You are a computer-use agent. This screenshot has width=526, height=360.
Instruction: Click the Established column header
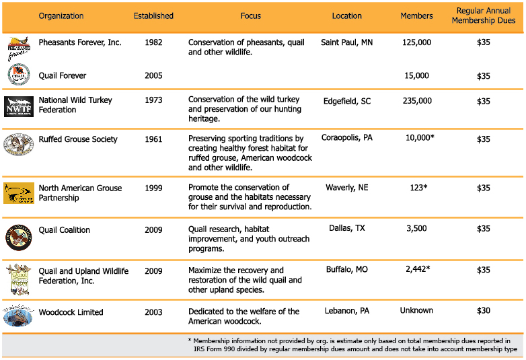pos(153,15)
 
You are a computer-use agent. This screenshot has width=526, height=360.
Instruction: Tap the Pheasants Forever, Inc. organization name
pos(79,42)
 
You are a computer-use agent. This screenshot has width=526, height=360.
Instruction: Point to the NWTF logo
pos(18,106)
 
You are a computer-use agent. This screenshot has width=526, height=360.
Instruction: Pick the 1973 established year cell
pos(153,100)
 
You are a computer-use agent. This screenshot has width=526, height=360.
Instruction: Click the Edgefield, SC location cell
pos(347,101)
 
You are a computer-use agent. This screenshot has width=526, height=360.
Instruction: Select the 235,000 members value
pos(417,101)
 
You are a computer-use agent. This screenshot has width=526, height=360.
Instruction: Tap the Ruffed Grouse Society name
pos(78,139)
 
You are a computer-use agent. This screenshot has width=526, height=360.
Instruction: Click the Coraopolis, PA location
pos(347,138)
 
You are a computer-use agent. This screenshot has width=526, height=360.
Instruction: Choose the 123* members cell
pos(417,188)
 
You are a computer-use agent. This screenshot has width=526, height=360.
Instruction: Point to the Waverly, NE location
pos(347,188)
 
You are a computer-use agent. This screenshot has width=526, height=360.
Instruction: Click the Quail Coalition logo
pos(18,237)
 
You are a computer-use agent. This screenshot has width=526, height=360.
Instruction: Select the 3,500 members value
pos(417,229)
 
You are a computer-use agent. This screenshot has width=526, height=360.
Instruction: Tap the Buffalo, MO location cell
pos(347,269)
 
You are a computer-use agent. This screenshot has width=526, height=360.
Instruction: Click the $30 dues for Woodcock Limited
pos(484,311)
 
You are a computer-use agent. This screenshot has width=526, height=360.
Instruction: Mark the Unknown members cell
pos(417,311)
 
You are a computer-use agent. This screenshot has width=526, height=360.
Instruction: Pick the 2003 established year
pos(153,312)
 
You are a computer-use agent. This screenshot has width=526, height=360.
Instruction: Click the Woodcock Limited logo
pos(18,315)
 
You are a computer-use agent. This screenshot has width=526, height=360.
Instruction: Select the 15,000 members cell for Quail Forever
pos(417,76)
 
